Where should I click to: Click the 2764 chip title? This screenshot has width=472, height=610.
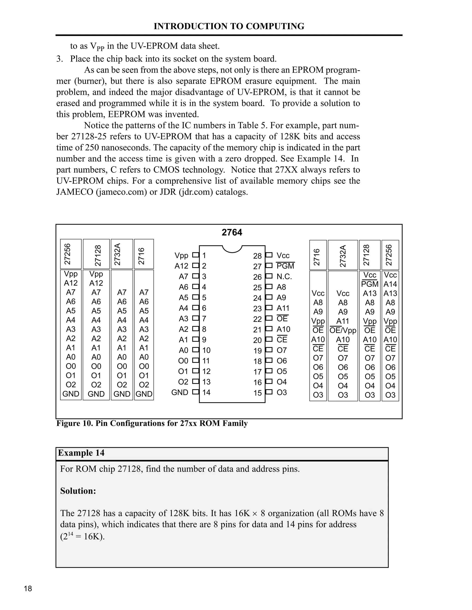[232, 232]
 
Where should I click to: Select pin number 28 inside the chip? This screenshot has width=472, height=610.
[257, 256]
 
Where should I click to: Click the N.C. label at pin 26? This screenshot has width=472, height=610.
[284, 276]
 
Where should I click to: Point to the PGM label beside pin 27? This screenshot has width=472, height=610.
[285, 266]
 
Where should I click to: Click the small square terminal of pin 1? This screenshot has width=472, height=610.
[195, 255]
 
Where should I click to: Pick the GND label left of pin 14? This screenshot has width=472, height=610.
[180, 392]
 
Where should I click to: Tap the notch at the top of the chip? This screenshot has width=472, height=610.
[232, 249]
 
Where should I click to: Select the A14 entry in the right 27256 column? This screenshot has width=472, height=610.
[390, 284]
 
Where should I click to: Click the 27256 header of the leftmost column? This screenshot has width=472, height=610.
[68, 254]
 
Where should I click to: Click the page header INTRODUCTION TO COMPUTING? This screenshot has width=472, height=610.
[229, 26]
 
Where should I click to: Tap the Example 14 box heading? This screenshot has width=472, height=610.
[81, 453]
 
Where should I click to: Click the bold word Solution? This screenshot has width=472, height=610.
[78, 491]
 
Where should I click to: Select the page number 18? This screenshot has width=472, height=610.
[28, 589]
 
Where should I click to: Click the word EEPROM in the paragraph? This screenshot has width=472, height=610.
[126, 114]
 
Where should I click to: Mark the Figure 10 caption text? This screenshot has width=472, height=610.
[152, 423]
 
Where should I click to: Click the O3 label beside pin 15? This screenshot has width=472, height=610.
[282, 392]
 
